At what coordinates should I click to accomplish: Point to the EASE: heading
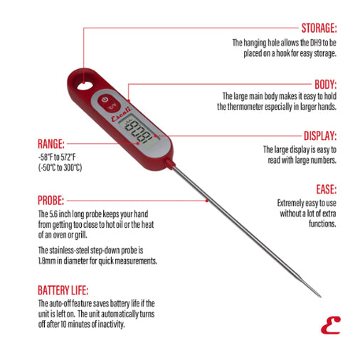tap(326, 189)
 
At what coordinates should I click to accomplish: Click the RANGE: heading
tap(53, 143)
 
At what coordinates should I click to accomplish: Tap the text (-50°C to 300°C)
tap(60, 168)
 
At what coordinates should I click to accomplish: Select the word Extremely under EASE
tap(292, 203)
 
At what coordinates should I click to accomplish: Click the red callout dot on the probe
tap(207, 201)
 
